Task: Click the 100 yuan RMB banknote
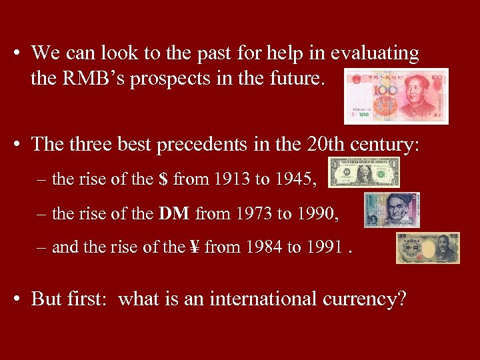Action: pyautogui.click(x=396, y=96)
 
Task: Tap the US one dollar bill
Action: pyautogui.click(x=364, y=173)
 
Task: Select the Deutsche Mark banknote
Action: pyautogui.click(x=391, y=210)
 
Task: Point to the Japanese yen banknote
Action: pyautogui.click(x=427, y=247)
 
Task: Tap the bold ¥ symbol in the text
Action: pyautogui.click(x=194, y=247)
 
